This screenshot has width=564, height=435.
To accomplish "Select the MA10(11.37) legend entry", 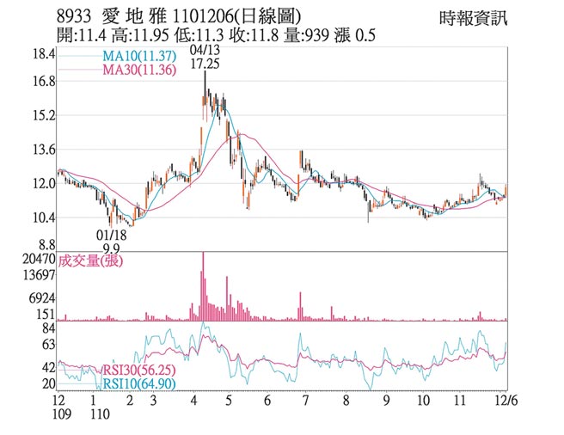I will point(139,56).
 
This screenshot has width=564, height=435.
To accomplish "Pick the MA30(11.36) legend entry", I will point(139,70).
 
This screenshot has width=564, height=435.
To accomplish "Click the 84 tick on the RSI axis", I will point(47,328).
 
